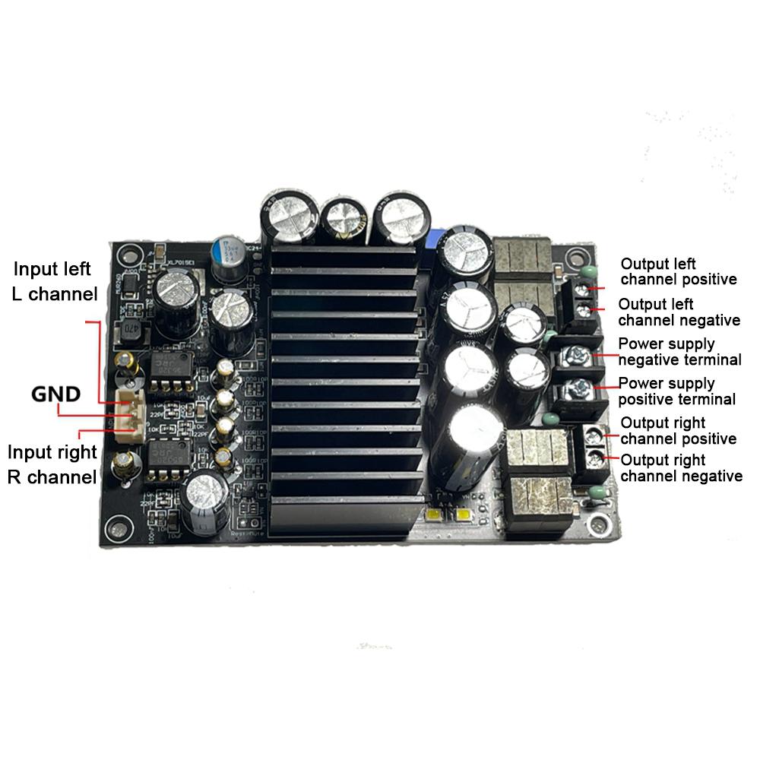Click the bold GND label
tap(55, 394)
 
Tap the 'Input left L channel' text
tap(52, 281)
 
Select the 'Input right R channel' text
tap(52, 464)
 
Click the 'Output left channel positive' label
tap(678, 271)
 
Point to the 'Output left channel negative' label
tap(679, 312)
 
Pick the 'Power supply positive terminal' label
tap(676, 391)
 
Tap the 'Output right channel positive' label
tap(678, 430)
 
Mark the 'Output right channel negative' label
tap(681, 467)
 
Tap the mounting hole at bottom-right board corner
tap(601, 526)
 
